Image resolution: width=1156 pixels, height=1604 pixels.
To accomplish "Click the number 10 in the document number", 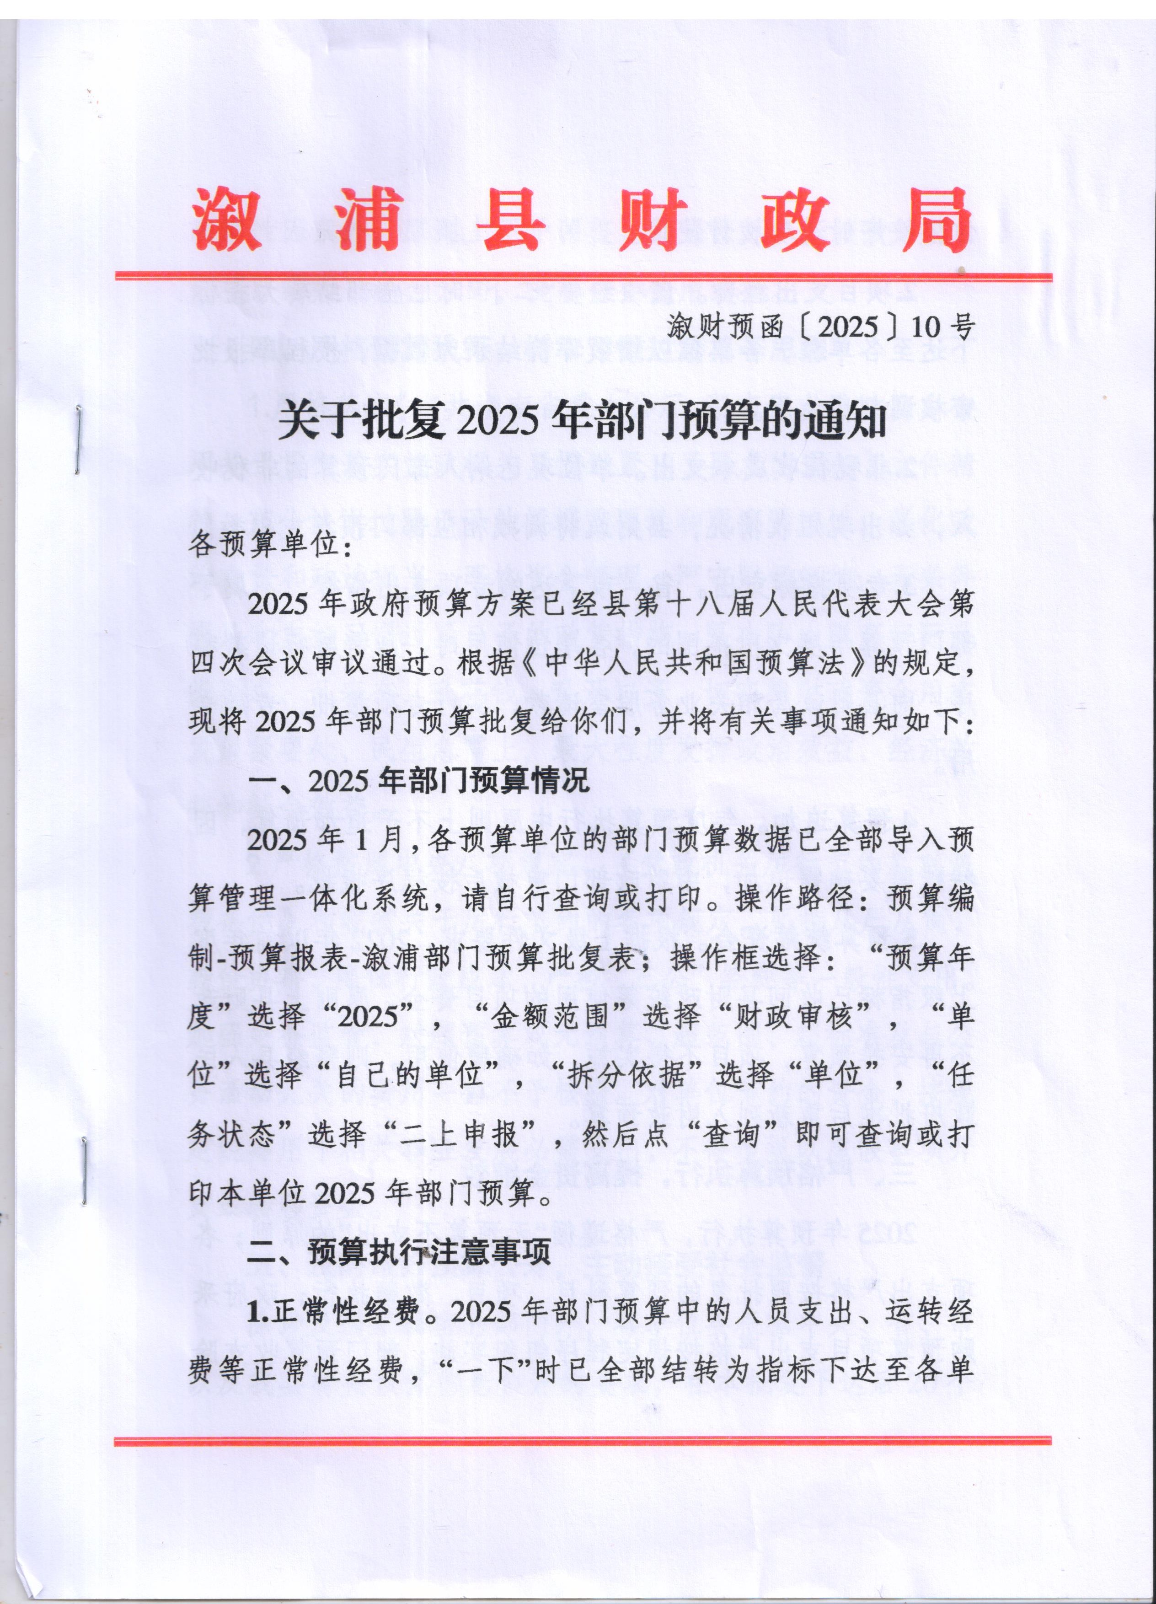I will coord(926,326).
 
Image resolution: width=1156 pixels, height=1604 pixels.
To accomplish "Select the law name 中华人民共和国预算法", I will coord(692,663).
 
